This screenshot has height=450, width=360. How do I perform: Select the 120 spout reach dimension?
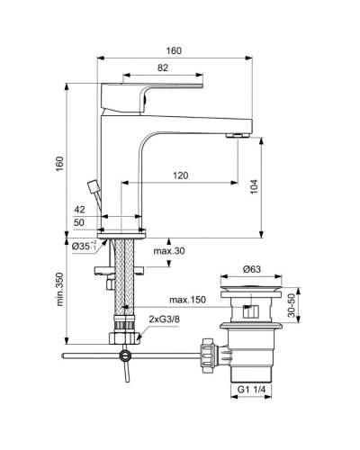[181, 175]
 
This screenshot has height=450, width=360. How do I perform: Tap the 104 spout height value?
[255, 186]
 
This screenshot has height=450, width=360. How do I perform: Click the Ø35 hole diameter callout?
[85, 245]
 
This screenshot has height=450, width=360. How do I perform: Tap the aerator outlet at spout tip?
[238, 135]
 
